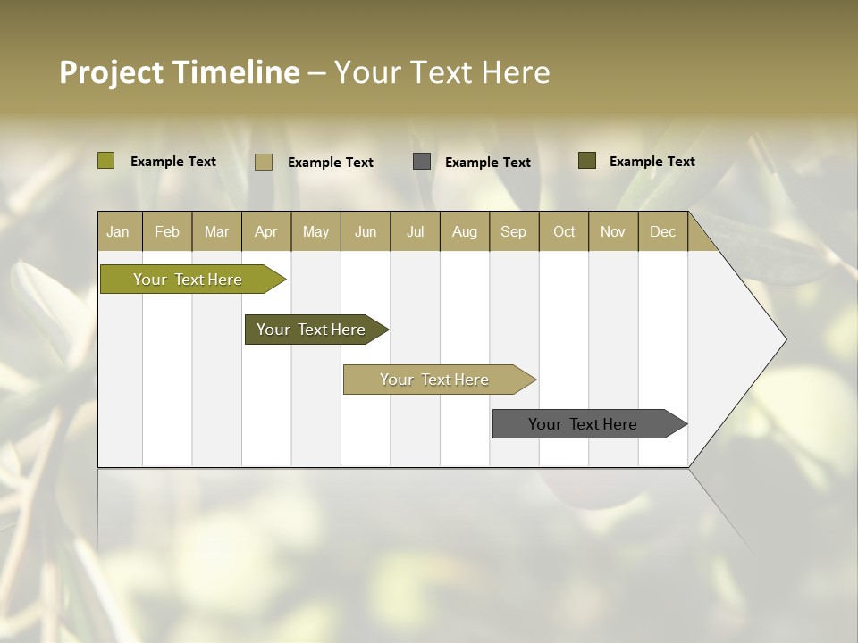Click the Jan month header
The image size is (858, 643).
[119, 231]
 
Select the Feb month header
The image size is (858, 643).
[167, 231]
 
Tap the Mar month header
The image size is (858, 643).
[216, 231]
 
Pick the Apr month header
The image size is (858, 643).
[266, 231]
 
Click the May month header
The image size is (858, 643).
[315, 231]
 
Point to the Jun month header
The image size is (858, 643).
[366, 231]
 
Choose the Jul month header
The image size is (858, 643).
[415, 231]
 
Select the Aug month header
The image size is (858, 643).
[465, 231]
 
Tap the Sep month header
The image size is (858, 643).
[514, 231]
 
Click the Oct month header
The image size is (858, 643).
[564, 231]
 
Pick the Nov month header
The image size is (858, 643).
[613, 231]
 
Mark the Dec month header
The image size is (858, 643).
[662, 231]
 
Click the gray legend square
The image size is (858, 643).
[422, 162]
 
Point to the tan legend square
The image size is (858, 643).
[264, 162]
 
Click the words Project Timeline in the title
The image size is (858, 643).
[180, 72]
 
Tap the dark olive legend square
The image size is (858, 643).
[587, 161]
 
